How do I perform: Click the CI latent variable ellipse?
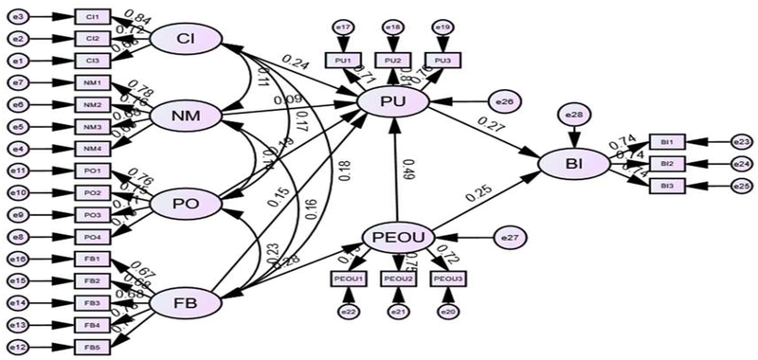pyautogui.click(x=186, y=39)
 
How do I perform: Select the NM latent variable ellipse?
pyautogui.click(x=186, y=116)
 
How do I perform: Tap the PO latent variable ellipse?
pyautogui.click(x=186, y=203)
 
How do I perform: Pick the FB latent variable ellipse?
pyautogui.click(x=186, y=302)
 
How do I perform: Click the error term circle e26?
pyautogui.click(x=502, y=100)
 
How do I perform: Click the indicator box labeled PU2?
pyautogui.click(x=392, y=60)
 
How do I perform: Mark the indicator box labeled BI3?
pyautogui.click(x=667, y=186)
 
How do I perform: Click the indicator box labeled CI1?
pyautogui.click(x=92, y=17)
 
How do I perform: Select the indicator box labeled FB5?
pyautogui.click(x=92, y=346)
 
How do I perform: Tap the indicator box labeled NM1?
pyautogui.click(x=92, y=82)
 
